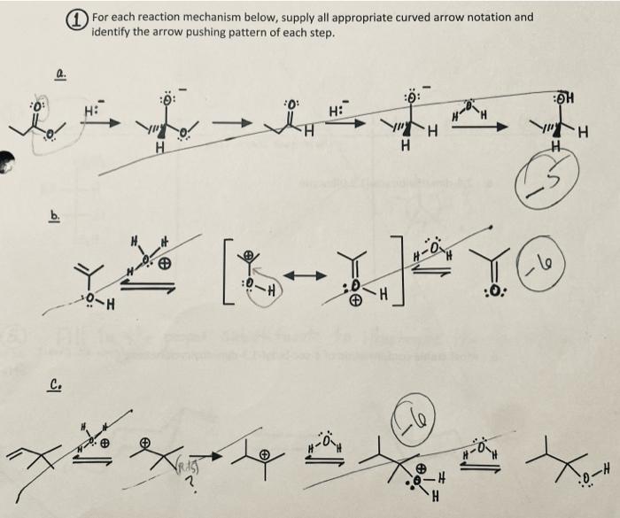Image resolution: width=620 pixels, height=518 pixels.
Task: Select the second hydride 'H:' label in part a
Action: tap(337, 112)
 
